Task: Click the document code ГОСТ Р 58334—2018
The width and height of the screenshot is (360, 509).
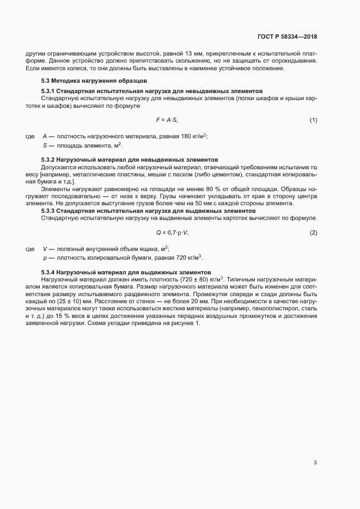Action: pos(287,36)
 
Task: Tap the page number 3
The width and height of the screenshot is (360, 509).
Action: pos(315,463)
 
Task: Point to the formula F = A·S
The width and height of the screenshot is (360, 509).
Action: pos(167,119)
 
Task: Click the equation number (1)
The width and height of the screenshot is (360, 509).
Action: pos(313,119)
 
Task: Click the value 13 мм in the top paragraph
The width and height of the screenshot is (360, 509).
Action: pos(194,53)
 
